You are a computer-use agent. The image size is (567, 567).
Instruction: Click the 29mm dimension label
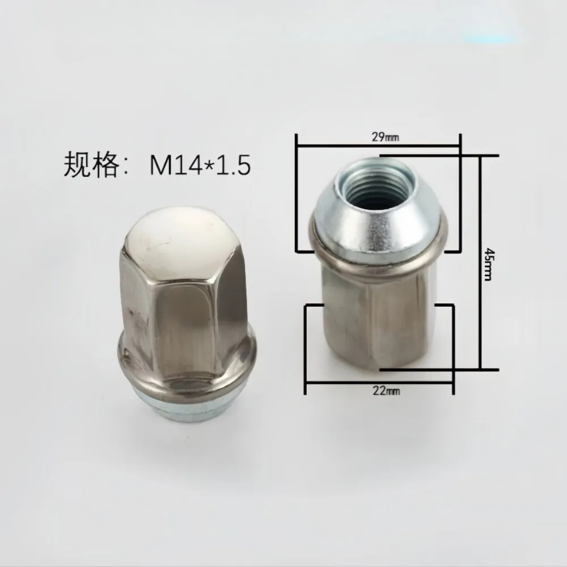(x=386, y=137)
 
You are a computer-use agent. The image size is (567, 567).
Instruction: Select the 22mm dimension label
(x=387, y=391)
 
